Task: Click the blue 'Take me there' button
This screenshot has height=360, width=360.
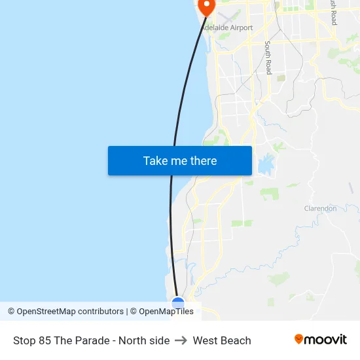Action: pos(180,160)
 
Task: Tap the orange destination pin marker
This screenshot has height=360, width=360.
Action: pos(207,7)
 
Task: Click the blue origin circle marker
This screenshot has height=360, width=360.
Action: pos(178,303)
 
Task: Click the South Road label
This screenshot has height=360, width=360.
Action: pos(268,58)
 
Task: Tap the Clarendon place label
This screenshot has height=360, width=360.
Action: pos(320,208)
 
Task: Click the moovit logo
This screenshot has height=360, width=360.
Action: pos(321,340)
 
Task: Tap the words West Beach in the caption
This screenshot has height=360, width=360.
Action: pos(222,340)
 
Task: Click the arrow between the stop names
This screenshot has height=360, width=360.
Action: pos(181,340)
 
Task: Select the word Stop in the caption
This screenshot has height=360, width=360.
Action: pos(25,340)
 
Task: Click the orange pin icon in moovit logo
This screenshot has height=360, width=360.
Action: pos(299,339)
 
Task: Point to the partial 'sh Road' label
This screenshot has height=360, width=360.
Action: pos(333,13)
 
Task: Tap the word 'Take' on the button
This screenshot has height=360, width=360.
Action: pos(156,160)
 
